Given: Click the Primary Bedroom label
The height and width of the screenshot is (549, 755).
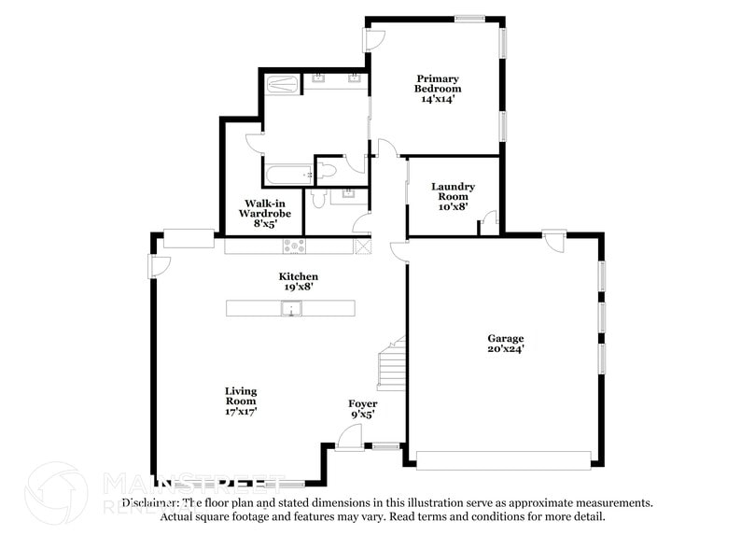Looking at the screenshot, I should click(x=439, y=89).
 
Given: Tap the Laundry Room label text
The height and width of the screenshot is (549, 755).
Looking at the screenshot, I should click(x=453, y=196).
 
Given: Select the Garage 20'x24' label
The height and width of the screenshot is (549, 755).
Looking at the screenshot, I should click(x=505, y=344).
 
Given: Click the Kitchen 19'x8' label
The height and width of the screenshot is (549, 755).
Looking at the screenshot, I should click(x=299, y=282).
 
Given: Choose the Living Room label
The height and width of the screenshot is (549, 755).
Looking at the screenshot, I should click(x=240, y=401).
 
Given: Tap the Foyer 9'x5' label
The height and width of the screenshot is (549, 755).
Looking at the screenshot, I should click(x=363, y=408).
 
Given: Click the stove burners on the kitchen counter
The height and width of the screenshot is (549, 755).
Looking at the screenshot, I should click(x=295, y=246).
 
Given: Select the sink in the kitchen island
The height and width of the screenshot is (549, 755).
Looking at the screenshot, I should click(x=291, y=309).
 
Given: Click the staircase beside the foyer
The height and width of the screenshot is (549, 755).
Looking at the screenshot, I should click(x=392, y=366).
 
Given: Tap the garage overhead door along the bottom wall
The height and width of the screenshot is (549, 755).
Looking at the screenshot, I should click(x=503, y=458).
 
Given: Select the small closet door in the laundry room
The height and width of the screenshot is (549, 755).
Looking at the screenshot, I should click(x=488, y=223).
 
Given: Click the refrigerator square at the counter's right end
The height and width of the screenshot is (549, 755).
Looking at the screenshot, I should click(x=363, y=246).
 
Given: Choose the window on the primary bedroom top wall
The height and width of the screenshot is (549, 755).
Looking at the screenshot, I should click(x=469, y=18).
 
